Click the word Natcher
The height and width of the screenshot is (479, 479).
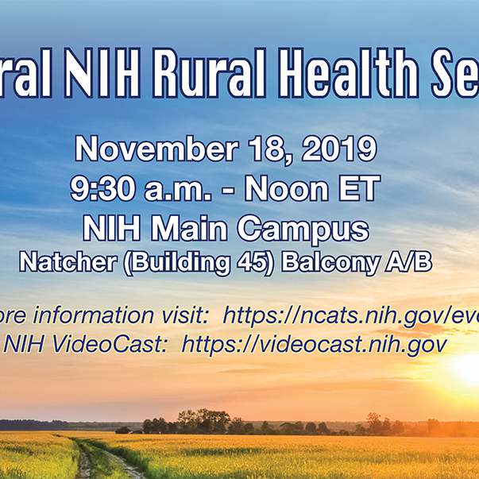tap(67, 263)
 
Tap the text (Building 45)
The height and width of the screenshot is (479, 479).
tap(198, 263)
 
